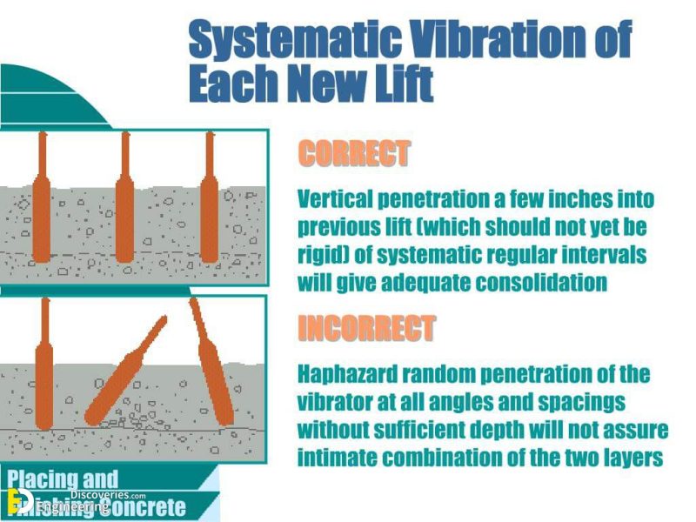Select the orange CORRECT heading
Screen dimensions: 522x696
coord(353,155)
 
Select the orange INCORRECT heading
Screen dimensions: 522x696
coord(365,329)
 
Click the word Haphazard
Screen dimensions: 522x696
coord(345,375)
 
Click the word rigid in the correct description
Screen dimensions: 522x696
coord(318,255)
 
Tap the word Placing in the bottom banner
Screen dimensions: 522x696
coord(44,479)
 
